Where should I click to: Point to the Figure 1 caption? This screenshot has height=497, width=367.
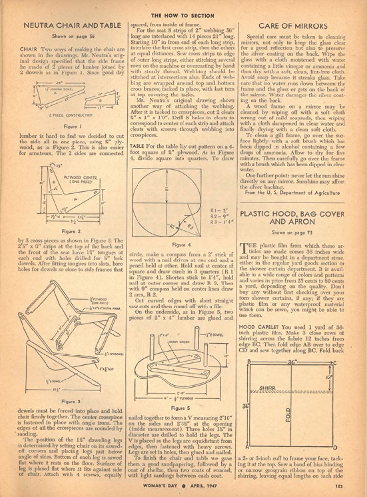69,126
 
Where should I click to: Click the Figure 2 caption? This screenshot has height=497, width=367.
69,231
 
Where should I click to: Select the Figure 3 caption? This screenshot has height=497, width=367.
69,402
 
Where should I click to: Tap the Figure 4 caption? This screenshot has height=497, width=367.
179,244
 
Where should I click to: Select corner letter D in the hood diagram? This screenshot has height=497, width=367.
335,447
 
